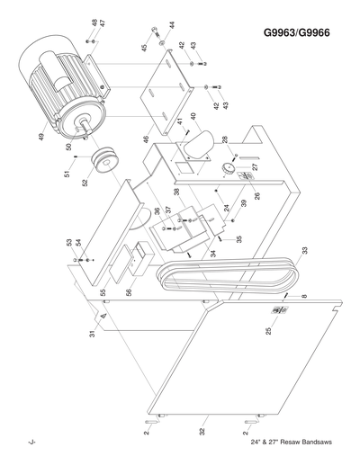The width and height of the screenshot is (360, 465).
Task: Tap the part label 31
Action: click(x=92, y=335)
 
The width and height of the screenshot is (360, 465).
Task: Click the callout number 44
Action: click(x=172, y=25)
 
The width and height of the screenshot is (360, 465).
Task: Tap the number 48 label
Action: click(x=94, y=22)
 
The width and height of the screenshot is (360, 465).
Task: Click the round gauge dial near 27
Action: click(x=230, y=170)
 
